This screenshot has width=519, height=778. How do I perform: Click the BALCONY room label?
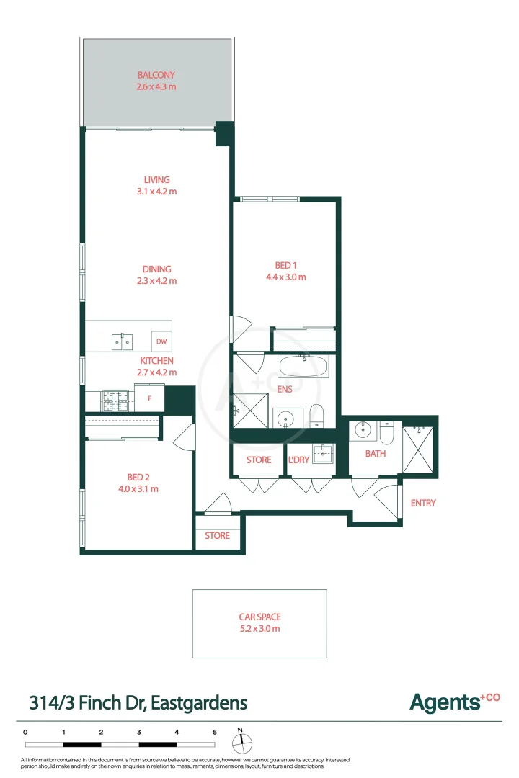[156, 75]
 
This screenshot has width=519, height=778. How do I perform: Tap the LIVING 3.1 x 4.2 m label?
[156, 180]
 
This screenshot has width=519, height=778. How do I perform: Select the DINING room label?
[156, 269]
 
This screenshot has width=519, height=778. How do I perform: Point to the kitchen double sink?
[122, 341]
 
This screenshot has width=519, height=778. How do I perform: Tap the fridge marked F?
[150, 398]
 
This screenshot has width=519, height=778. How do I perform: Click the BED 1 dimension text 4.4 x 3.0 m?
[286, 277]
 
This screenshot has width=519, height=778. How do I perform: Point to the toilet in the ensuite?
[317, 416]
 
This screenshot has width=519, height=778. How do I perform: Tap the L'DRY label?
[298, 460]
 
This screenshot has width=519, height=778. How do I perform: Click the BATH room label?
[375, 454]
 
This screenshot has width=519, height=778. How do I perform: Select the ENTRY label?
[423, 503]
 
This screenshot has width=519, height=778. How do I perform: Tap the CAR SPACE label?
[259, 617]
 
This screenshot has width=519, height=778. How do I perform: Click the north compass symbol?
[241, 741]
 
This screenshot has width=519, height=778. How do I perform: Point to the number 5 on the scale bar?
[214, 732]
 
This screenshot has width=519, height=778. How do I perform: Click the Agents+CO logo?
[454, 702]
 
